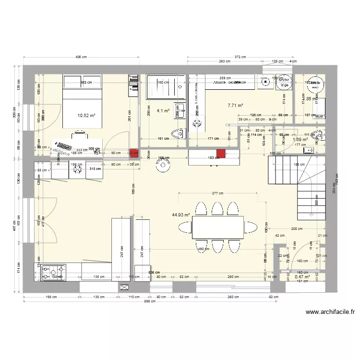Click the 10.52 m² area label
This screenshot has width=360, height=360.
[x=86, y=116]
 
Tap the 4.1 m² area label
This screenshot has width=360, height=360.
[x=164, y=111]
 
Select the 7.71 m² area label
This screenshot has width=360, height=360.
[x=235, y=105]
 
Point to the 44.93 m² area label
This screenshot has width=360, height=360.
[x=181, y=215]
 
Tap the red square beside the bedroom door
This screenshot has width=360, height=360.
[x=133, y=154]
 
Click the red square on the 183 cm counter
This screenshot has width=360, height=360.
[x=221, y=154]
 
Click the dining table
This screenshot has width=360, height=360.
[x=218, y=227]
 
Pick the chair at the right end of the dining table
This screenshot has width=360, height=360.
[x=264, y=227]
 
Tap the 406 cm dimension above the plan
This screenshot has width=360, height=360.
[x=81, y=57]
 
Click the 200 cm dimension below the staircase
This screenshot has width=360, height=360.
[x=296, y=229]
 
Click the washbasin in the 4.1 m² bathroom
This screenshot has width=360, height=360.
[x=181, y=110]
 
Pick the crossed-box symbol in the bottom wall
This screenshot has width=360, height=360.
[x=125, y=287]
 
